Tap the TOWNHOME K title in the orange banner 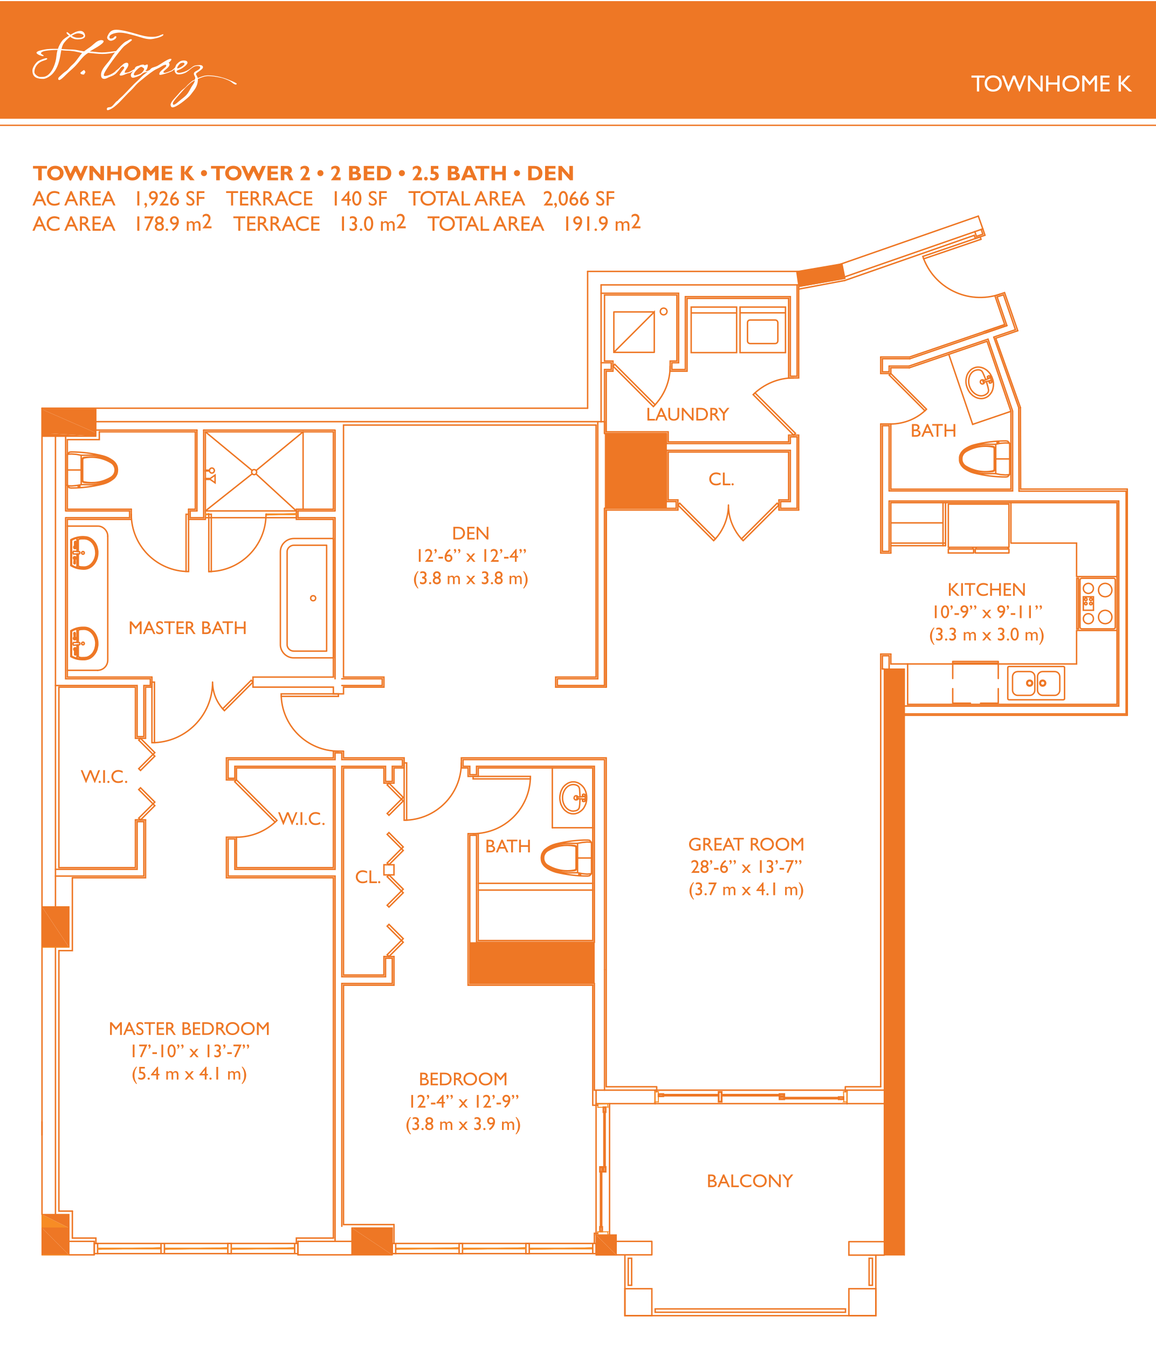(x=1050, y=84)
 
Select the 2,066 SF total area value (x=579, y=198)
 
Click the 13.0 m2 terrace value (x=372, y=223)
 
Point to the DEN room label (x=471, y=533)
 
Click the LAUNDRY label (x=687, y=414)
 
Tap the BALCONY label (x=749, y=1181)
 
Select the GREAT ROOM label (x=746, y=844)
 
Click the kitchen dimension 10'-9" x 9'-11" (x=987, y=612)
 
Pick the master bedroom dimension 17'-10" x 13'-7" (x=189, y=1051)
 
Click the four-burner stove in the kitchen (x=1097, y=603)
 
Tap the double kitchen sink (x=1036, y=683)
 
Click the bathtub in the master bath (x=307, y=598)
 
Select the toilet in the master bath (x=92, y=470)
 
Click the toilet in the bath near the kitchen (x=985, y=459)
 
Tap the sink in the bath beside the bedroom (x=573, y=797)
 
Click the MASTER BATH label (x=188, y=628)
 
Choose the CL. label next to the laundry (x=721, y=479)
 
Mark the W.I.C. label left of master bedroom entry (x=104, y=776)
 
